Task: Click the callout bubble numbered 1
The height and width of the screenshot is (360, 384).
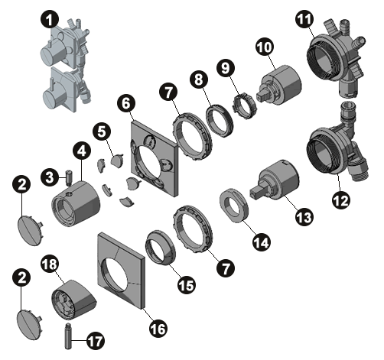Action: pos(50,19)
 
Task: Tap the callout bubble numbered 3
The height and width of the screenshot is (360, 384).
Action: pos(50,177)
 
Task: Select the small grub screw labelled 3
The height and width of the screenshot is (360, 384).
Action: pos(68,177)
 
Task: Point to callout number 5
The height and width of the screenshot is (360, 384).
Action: pos(102,132)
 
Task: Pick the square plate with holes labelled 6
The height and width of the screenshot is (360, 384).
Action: pos(154,158)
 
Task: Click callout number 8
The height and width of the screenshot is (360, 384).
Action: pos(199,79)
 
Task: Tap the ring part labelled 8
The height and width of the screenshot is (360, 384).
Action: pos(220,121)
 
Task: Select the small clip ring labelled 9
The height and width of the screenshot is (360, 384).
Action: pos(245,106)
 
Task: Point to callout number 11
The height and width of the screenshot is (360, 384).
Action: pos(304,19)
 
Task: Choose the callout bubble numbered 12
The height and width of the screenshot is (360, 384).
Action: pos(341,200)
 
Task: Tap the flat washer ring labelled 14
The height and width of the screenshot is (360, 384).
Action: pos(234,206)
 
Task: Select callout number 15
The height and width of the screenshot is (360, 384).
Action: pos(187,285)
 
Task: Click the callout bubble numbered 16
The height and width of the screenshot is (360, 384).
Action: pos(158,328)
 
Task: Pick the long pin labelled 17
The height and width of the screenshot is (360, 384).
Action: pos(68,336)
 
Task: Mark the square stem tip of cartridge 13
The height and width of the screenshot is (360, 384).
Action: pos(255,192)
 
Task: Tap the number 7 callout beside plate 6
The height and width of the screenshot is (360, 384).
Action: pos(169,92)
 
